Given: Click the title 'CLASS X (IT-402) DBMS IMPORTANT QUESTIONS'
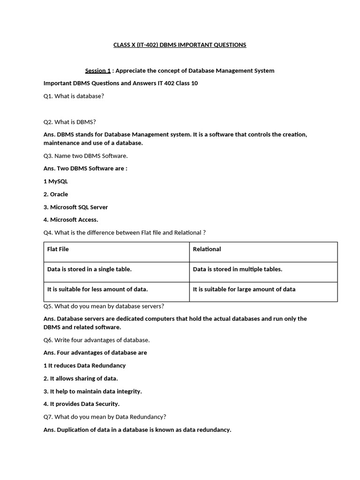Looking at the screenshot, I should (x=180, y=45).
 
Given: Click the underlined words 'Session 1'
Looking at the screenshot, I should (x=97, y=71).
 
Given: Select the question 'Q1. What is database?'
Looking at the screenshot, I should (x=74, y=96).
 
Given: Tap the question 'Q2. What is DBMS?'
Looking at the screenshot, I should (x=69, y=122).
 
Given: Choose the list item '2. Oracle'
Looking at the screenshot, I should (x=55, y=194).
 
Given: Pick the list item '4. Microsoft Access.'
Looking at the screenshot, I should (x=71, y=219).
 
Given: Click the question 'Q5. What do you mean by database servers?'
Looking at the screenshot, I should (x=104, y=306).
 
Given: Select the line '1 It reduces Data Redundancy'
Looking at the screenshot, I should (x=84, y=366).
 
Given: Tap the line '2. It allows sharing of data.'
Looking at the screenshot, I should (x=81, y=378).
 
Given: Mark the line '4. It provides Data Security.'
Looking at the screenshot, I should (x=81, y=404).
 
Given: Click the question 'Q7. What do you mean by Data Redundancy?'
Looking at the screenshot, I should (x=105, y=417).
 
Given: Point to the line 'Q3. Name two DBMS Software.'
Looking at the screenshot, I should (x=85, y=156).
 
